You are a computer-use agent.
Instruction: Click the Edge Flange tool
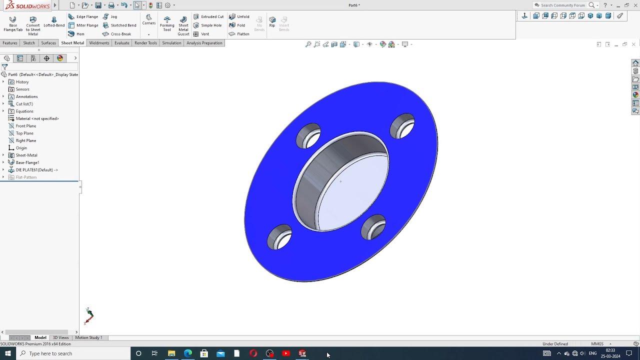[83, 16]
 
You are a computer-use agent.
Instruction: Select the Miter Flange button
[83, 25]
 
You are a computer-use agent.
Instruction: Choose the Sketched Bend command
[119, 25]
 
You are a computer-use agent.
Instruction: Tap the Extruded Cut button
[208, 16]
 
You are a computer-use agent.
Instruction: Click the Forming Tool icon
[167, 22]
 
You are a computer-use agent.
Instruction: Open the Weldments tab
[99, 43]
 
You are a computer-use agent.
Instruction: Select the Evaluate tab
[121, 43]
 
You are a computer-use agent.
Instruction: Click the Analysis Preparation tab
[204, 43]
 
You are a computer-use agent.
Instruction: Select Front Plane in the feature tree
[25, 126]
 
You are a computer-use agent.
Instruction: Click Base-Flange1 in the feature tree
[27, 162]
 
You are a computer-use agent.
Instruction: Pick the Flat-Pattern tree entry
[26, 177]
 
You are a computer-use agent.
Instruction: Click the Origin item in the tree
[21, 148]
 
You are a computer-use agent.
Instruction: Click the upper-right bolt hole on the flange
[403, 126]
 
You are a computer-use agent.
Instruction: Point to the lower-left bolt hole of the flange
[279, 237]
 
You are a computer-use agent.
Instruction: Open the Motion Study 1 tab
[88, 337]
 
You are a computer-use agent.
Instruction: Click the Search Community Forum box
[562, 5]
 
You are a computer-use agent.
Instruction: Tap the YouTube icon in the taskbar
[286, 353]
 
